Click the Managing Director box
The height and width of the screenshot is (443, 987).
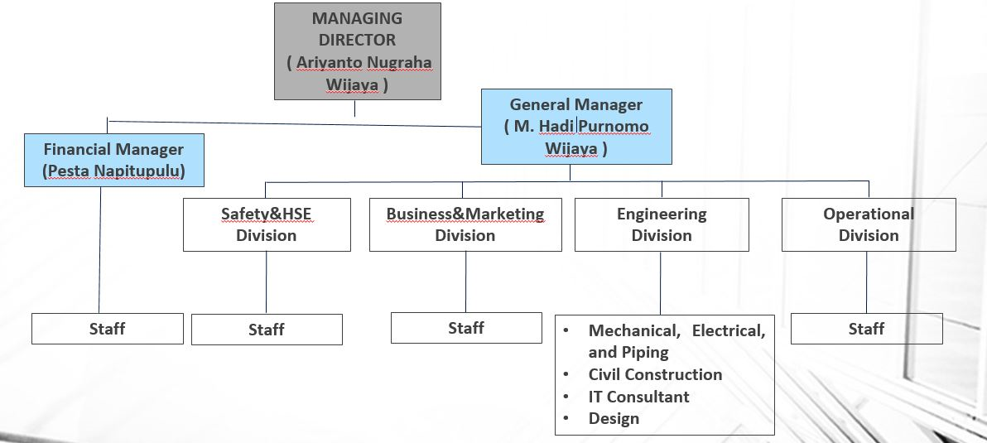point(358,51)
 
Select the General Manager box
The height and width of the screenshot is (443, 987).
point(576,127)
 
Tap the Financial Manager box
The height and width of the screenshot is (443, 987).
point(113,161)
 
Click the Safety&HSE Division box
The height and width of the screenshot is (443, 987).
point(267,224)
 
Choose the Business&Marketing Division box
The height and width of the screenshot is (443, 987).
point(465,224)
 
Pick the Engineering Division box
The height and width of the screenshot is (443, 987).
point(662,224)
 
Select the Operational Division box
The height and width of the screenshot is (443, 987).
point(869,224)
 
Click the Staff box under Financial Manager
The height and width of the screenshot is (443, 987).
point(107,329)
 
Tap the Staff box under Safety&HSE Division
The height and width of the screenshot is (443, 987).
point(267,330)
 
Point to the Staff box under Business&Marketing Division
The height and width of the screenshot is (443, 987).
point(466,328)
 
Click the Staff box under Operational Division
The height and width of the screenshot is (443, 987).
point(866,329)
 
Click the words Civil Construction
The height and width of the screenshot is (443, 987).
point(655,374)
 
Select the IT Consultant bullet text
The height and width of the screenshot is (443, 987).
point(638,397)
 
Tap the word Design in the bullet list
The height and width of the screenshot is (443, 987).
point(614,418)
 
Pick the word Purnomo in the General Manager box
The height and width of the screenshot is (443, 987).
point(614,127)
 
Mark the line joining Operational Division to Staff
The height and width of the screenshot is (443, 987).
point(867,282)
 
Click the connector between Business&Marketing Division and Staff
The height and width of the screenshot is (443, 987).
point(465,282)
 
